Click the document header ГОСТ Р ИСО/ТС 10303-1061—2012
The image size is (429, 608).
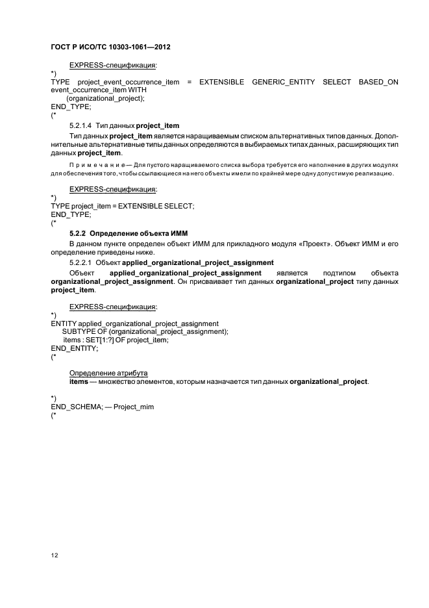[110, 47]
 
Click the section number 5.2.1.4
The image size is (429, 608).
[80, 125]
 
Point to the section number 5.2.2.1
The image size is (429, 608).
[80, 262]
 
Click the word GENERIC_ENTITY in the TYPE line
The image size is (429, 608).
[283, 82]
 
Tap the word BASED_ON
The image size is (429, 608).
[378, 82]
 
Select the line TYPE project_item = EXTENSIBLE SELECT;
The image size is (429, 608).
[123, 206]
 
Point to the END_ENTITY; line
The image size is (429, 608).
[75, 348]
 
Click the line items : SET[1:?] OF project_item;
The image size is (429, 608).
[116, 340]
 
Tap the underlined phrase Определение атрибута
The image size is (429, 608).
[108, 373]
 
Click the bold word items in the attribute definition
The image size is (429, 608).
[79, 381]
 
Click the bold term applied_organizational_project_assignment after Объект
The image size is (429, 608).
[186, 273]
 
